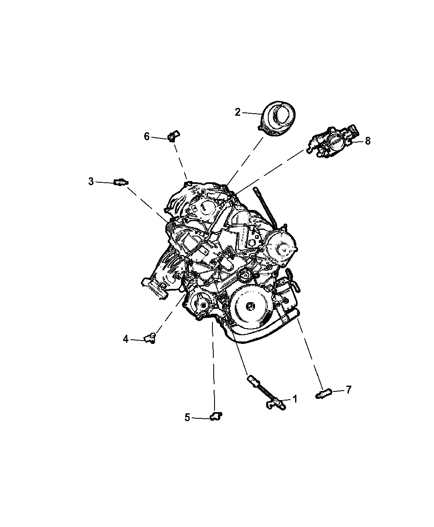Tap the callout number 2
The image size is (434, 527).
pos(238,112)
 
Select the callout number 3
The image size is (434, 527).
pos(91,181)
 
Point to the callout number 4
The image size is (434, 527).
pos(126,339)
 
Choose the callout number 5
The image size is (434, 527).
pos(187,417)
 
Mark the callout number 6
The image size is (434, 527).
pos(147,136)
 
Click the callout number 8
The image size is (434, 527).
pos(368,141)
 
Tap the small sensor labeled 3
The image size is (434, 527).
pos(121,182)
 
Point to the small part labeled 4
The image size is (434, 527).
pos(150,338)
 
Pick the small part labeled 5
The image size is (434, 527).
pos(216,416)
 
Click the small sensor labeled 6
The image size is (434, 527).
pos(173,136)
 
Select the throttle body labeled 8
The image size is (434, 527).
pos(332,143)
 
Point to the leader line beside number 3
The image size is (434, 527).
pos(104,182)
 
